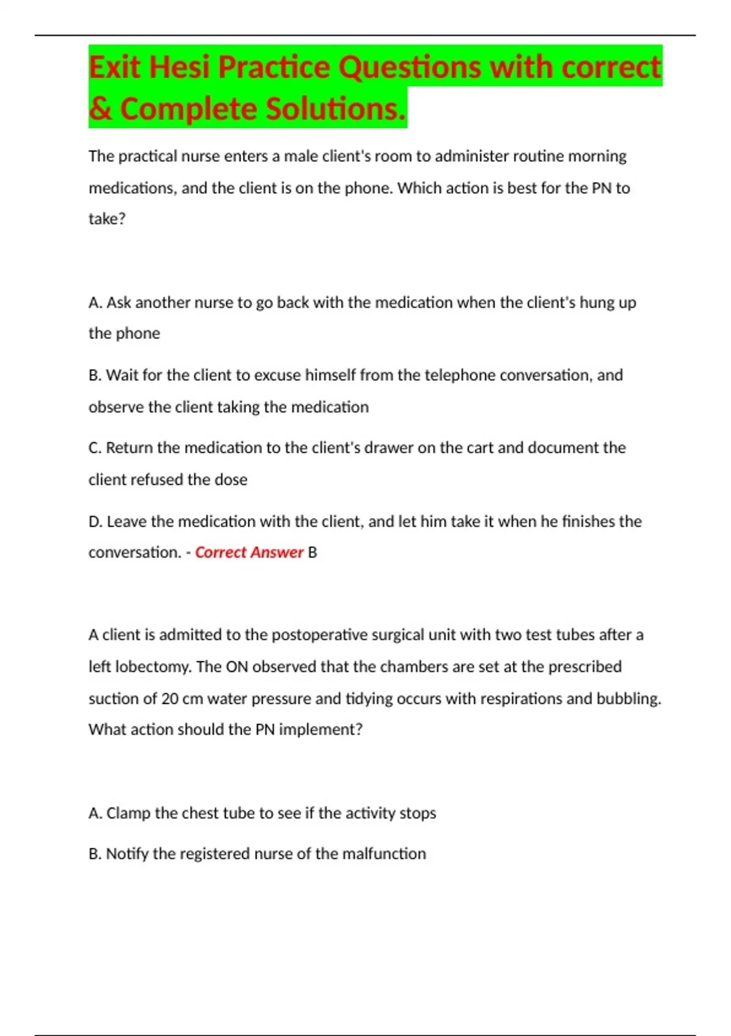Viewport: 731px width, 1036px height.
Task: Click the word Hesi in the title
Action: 180,67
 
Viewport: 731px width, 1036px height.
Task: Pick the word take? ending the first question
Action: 107,219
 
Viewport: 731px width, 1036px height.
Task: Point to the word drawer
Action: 389,448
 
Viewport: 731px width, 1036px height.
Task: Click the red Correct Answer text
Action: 249,553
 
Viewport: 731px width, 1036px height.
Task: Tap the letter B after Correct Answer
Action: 313,553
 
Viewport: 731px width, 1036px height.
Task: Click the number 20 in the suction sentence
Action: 170,698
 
